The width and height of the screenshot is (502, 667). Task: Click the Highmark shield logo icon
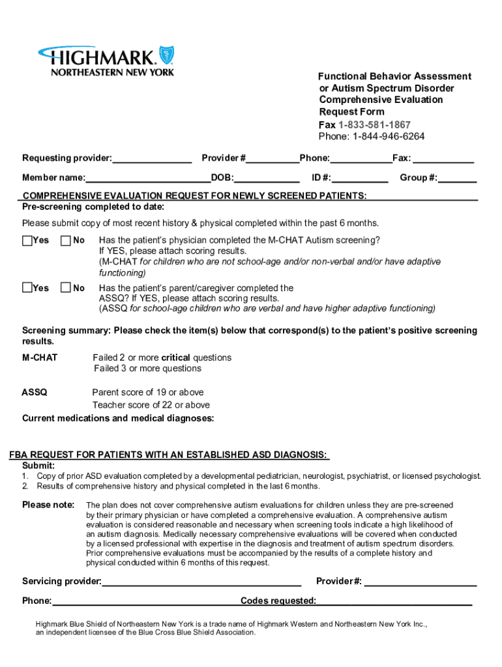tap(167, 55)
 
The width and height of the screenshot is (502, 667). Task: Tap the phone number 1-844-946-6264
tap(389, 136)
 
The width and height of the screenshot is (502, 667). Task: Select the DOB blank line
tap(267, 178)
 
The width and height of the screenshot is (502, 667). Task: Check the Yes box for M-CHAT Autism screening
tap(27, 240)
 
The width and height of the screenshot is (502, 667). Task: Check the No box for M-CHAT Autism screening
tap(66, 240)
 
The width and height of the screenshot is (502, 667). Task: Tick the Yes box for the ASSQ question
tap(27, 288)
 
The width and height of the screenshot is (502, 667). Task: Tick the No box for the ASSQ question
tap(66, 288)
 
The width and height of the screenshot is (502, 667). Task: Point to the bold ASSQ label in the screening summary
tap(34, 392)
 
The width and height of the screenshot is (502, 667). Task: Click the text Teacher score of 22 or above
tap(151, 404)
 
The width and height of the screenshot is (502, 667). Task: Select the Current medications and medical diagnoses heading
tap(118, 418)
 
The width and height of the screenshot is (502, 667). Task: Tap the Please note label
tap(48, 505)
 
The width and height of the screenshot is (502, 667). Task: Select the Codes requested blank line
tap(394, 601)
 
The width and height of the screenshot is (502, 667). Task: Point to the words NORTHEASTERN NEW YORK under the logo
tap(113, 72)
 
